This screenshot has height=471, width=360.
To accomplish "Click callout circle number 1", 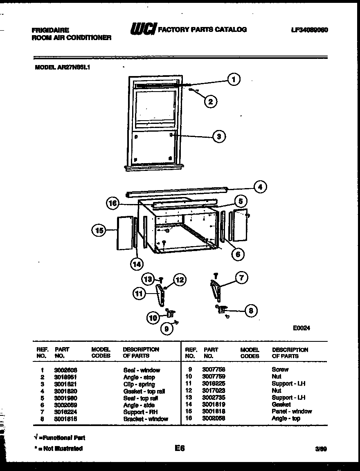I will tap(233, 79).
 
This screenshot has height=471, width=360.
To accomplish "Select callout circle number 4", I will tap(260, 187).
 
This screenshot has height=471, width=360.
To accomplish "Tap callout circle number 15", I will tap(98, 231).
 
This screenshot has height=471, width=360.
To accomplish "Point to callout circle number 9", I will tap(166, 328).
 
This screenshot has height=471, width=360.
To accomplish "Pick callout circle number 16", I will tap(112, 202).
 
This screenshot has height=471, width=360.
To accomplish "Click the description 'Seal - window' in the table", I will tap(142, 370).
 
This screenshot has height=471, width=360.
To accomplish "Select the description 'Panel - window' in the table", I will tap(291, 411).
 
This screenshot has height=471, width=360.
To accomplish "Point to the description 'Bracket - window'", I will tap(145, 419).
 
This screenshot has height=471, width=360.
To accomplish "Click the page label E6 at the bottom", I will tap(180, 448).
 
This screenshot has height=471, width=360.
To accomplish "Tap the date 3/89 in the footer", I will tap(320, 449).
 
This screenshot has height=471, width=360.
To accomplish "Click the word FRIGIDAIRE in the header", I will tap(50, 30).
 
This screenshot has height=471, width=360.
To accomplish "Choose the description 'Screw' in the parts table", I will tap(280, 370).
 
